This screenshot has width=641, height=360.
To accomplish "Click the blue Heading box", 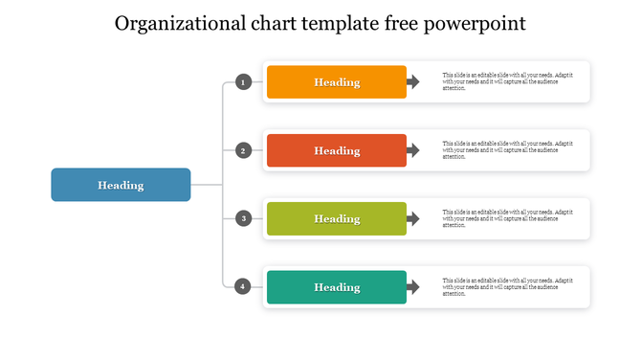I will coord(121,185).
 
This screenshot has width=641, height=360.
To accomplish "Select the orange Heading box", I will coord(337,82).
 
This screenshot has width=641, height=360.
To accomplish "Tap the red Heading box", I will coord(337,150).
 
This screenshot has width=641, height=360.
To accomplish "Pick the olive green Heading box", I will coord(337,218).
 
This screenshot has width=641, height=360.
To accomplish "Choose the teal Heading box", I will coord(337,287).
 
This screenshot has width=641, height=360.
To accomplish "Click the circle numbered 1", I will coord(244,82).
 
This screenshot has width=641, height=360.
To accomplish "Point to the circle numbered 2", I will coord(244,150).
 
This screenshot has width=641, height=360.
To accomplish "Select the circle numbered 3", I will coord(244,218).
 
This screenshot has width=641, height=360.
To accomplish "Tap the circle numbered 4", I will coord(244,286).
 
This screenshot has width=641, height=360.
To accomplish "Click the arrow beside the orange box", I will coord(413,82).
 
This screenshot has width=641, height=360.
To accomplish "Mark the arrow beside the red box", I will coord(413,150).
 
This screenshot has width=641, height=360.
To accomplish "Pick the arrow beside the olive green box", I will coord(413,218).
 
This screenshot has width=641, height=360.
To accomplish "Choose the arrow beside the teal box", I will coord(413,287).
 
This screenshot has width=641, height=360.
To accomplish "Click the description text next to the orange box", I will coord(507,82).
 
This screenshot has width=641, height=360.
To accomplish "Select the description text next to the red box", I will coord(507,150).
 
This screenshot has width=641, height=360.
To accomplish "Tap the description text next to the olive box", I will coord(507,218).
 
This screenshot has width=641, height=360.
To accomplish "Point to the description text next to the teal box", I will coord(507,287).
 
